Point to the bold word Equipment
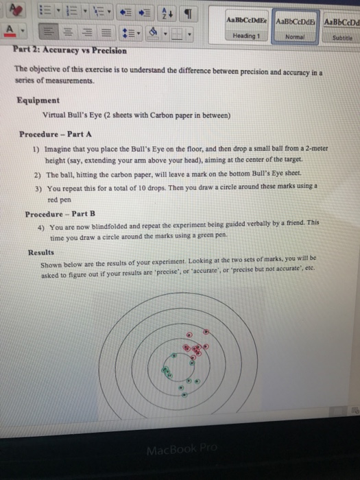click(38, 100)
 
